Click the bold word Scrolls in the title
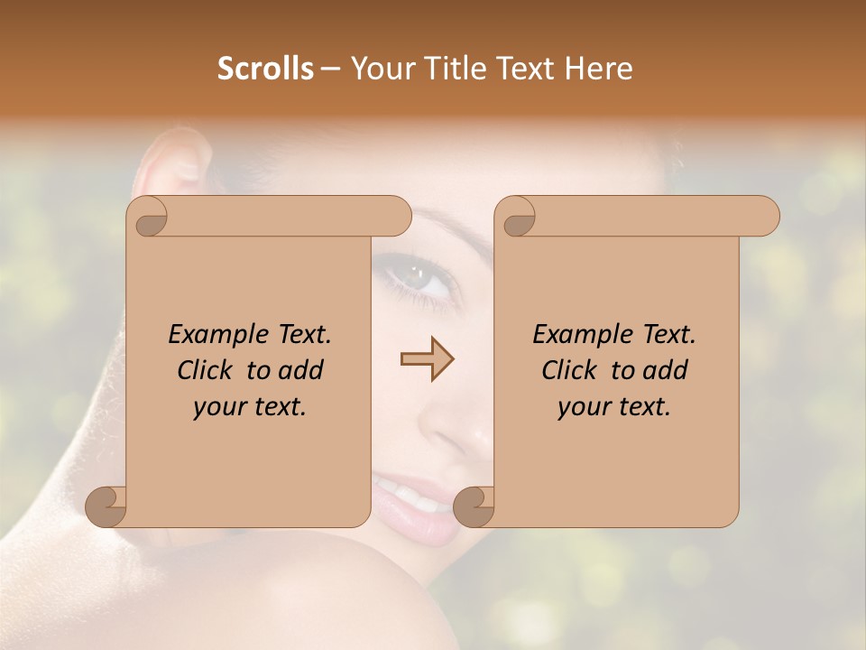[x=265, y=69]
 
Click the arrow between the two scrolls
[x=427, y=360]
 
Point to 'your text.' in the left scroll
[x=250, y=407]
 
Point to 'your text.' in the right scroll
[x=614, y=407]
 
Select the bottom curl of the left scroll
[x=106, y=506]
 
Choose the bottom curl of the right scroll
[x=474, y=506]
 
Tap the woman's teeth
[x=410, y=496]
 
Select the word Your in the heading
[x=382, y=69]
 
